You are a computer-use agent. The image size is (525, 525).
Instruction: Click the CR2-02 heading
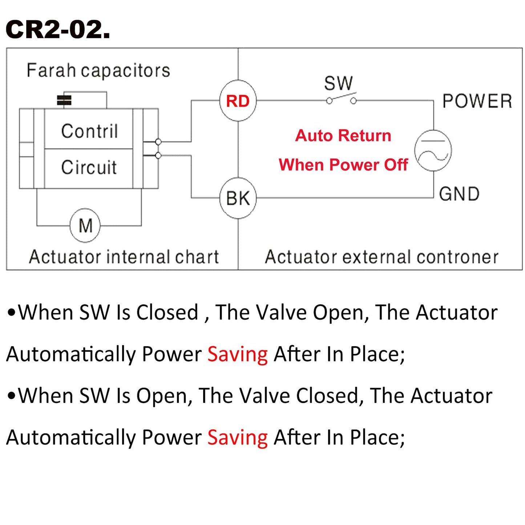point(57,29)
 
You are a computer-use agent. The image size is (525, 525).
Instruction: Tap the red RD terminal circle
point(238,101)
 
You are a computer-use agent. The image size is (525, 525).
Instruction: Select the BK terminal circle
point(238,198)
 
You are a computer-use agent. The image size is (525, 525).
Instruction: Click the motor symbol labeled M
point(85,225)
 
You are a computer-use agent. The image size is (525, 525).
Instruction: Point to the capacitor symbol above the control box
point(64,100)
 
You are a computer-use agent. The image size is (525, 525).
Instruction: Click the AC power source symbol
point(433,150)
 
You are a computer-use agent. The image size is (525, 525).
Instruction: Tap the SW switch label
point(338,83)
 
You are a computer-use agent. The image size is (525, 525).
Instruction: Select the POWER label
point(477,101)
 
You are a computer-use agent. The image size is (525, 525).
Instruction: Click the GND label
point(459,194)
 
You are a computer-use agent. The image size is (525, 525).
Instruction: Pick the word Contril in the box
point(89,131)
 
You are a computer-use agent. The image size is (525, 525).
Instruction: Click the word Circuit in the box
point(89,167)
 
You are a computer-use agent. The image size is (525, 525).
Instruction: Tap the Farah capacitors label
point(98,70)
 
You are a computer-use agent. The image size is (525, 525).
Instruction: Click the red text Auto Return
point(343,136)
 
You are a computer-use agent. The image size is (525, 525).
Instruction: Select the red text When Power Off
point(343,165)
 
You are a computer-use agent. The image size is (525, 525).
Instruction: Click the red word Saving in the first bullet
point(238,355)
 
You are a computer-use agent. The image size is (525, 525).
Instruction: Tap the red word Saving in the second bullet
point(238,438)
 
